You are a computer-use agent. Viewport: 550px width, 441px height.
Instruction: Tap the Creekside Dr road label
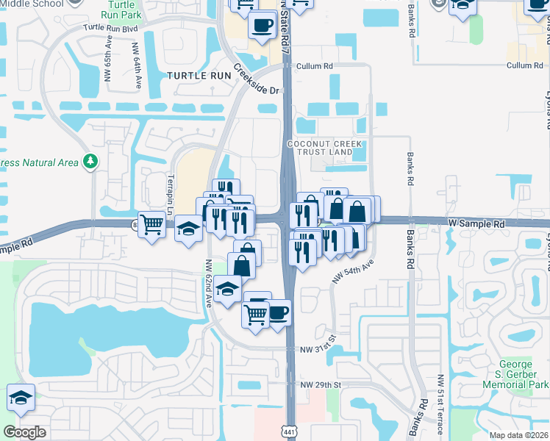click(258, 80)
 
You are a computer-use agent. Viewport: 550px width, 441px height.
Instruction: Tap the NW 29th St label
click(321, 384)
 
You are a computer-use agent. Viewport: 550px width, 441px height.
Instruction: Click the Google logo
click(24, 432)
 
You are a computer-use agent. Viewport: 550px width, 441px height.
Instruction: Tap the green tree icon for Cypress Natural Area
click(90, 160)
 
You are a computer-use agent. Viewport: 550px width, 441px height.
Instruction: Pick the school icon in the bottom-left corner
click(21, 398)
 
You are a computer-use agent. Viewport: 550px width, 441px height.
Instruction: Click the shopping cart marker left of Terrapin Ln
click(151, 223)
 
